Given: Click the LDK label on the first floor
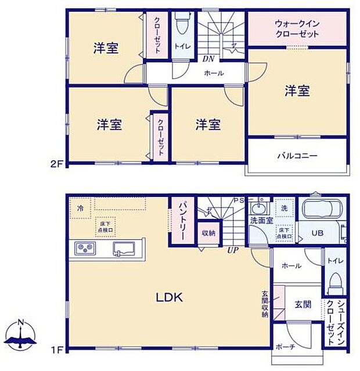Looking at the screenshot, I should pyautogui.click(x=169, y=298).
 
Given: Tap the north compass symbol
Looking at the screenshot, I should pyautogui.click(x=20, y=336).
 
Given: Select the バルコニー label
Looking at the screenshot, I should pyautogui.click(x=297, y=156).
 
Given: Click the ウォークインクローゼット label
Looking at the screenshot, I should pyautogui.click(x=297, y=29).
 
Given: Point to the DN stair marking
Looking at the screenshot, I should pyautogui.click(x=208, y=59).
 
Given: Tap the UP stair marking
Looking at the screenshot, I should pyautogui.click(x=233, y=250).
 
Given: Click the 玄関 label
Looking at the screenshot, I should pyautogui.click(x=303, y=304).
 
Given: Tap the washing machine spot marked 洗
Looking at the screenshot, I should pyautogui.click(x=285, y=208).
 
